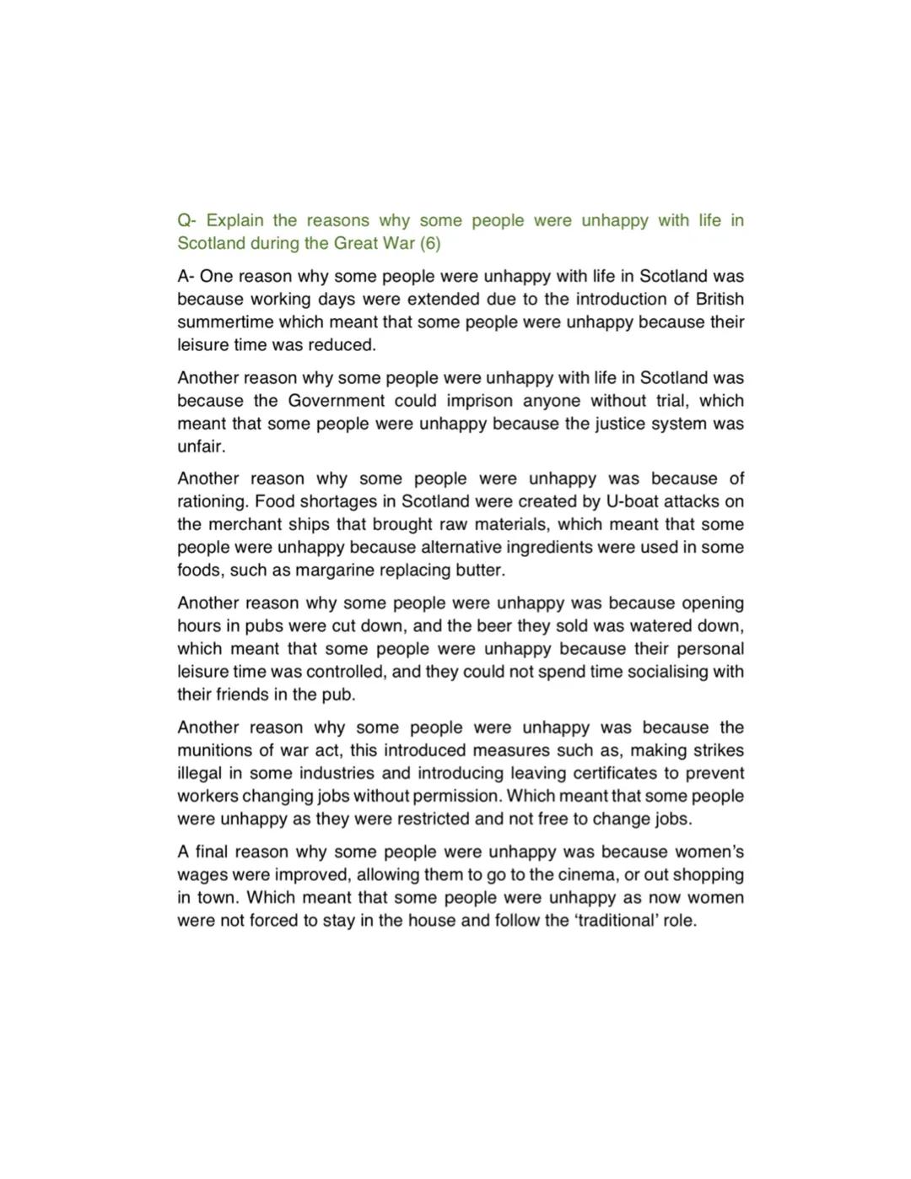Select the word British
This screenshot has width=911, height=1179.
(720, 299)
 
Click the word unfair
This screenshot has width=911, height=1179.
(201, 446)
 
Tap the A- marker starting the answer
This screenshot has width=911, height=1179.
(186, 276)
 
